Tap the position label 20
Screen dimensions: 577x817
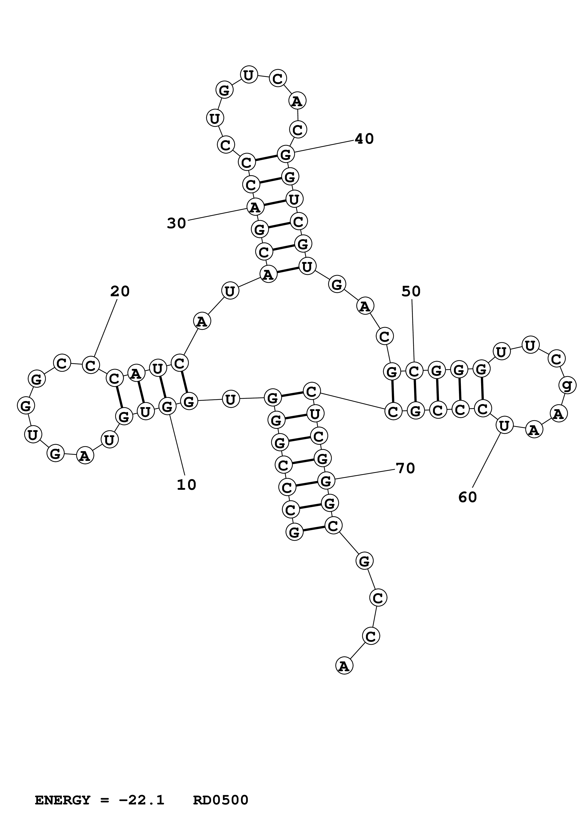tap(120, 291)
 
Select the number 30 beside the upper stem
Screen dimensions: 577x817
tap(177, 224)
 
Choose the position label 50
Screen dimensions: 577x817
tap(411, 291)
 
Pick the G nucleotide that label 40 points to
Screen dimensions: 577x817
tap(286, 154)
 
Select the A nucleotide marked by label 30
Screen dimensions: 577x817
tap(255, 207)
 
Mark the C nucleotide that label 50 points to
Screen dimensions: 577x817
tap(414, 371)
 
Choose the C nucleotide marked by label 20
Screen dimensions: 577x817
tap(91, 365)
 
